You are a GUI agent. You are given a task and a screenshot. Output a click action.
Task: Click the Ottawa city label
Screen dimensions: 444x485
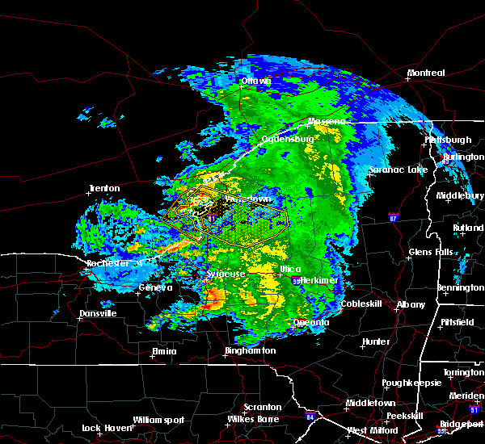pyautogui.click(x=258, y=81)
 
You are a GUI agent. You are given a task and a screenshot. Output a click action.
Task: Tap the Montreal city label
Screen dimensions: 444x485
pyautogui.click(x=426, y=73)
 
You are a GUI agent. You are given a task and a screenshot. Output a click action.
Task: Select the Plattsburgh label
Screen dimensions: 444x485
pyautogui.click(x=448, y=140)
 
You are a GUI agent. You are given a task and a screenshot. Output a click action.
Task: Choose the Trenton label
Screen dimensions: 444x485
pyautogui.click(x=104, y=189)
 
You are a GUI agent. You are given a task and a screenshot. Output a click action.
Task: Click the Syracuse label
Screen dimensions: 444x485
pyautogui.click(x=226, y=274)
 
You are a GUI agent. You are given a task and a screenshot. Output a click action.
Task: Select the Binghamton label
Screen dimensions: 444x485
pyautogui.click(x=250, y=351)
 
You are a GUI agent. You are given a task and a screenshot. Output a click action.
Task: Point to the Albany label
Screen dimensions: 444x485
pyautogui.click(x=411, y=304)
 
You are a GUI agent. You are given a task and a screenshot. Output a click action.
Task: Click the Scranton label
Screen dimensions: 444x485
pyautogui.click(x=263, y=407)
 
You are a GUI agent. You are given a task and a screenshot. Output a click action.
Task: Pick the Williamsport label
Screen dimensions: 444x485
pyautogui.click(x=160, y=420)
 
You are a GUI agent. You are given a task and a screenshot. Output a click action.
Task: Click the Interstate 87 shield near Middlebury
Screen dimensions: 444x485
pyautogui.click(x=394, y=218)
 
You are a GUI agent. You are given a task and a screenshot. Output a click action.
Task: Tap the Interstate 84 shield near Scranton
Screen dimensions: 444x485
pyautogui.click(x=310, y=417)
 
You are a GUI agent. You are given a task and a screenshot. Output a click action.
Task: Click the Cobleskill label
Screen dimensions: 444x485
pyautogui.click(x=363, y=304)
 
